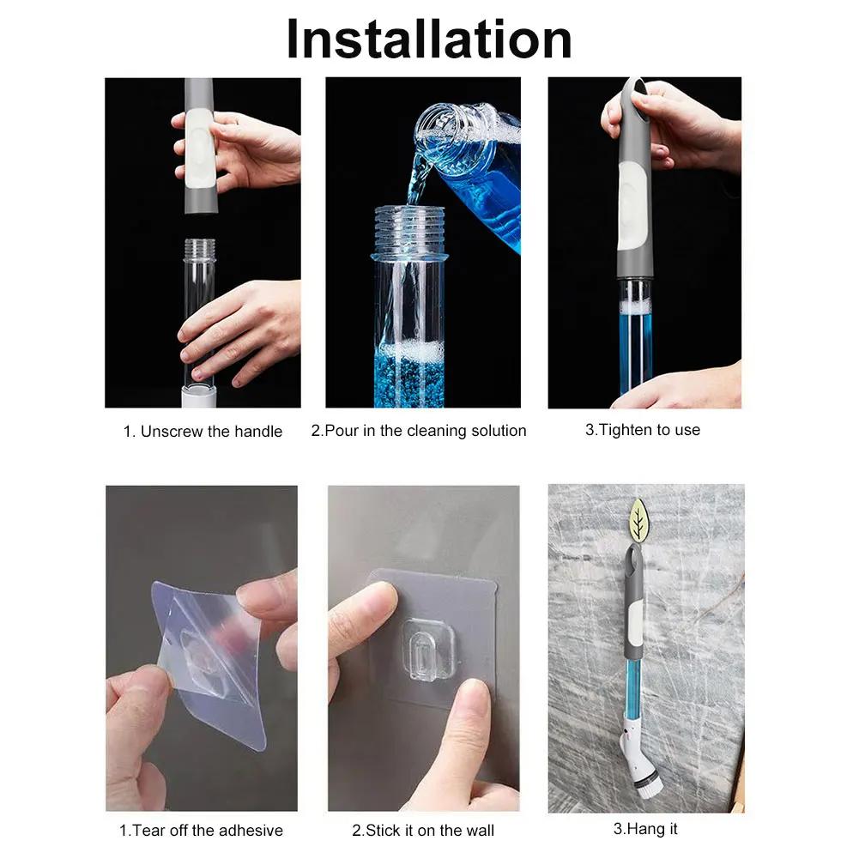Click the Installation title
tap(428, 39)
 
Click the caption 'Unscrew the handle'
tap(203, 432)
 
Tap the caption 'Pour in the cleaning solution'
tap(419, 431)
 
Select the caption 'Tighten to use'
tap(643, 430)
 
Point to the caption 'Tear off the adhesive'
tap(201, 830)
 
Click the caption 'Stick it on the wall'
tap(423, 830)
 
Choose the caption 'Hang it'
tap(645, 829)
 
